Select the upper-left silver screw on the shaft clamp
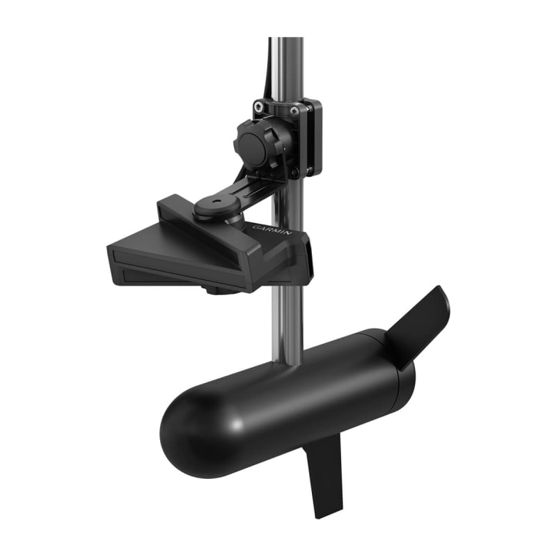click(x=260, y=107)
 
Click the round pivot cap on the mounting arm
click(x=209, y=207)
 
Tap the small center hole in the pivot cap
click(x=209, y=205)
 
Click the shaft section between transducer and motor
click(x=287, y=320)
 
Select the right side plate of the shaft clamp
click(x=314, y=136)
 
